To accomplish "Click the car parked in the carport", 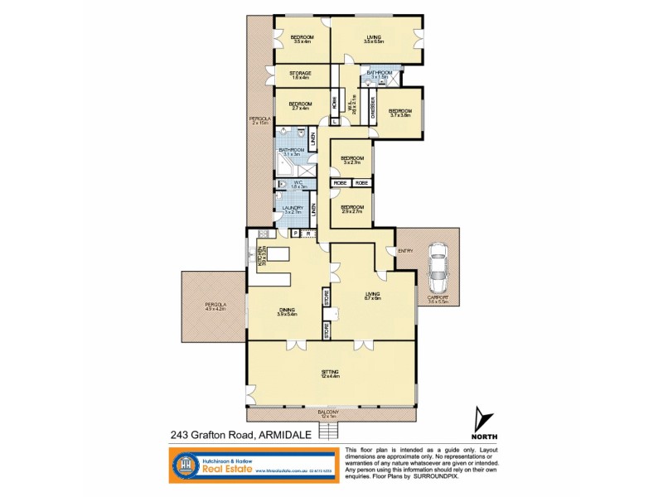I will (438, 270).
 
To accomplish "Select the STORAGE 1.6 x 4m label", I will (300, 75).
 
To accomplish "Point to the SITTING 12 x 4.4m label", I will (331, 374).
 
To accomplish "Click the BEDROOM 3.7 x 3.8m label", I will (400, 113).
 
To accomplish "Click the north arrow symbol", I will (486, 420).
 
